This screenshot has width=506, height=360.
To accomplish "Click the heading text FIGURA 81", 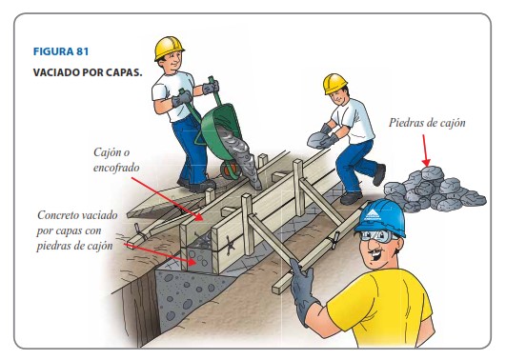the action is tap(61, 51).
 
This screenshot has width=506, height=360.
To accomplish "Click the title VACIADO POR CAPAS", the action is tap(88, 72).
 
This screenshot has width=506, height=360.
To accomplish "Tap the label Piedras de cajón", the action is tap(427, 123).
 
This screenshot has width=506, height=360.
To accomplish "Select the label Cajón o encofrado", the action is tap(116, 160).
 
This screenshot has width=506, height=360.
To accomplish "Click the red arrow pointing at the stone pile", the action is tap(426, 150).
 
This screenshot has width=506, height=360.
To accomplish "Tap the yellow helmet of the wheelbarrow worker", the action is tap(169, 48).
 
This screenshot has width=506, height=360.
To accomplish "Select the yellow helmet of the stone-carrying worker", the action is tap(334, 83).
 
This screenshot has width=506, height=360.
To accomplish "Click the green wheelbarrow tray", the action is tap(222, 130).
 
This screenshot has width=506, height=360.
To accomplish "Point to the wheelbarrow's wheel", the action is tap(231, 170).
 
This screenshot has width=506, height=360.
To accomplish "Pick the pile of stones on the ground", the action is tap(434, 190).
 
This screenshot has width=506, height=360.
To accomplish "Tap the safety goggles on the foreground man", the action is tap(377, 236).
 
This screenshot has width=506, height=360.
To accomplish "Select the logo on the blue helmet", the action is tap(373, 214).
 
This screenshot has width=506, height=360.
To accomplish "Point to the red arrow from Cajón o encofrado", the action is tap(167, 199).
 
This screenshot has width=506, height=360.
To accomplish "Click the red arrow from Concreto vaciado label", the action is tap(160, 254).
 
